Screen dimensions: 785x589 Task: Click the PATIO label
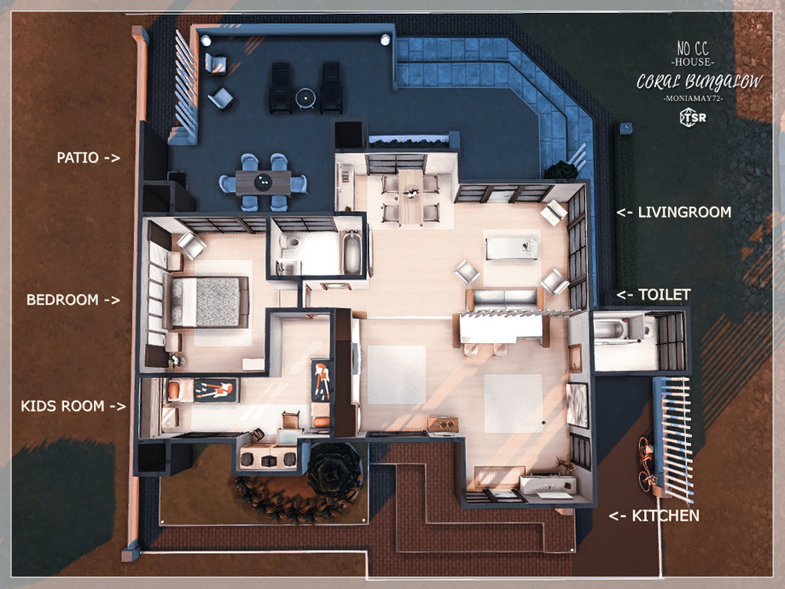(x=78, y=158)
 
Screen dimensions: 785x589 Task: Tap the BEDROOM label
(x=62, y=300)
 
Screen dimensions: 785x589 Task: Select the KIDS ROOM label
(x=62, y=405)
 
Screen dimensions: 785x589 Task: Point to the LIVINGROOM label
(x=684, y=212)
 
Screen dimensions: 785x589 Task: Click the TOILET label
(x=665, y=294)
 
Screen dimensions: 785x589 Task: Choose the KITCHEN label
(x=666, y=516)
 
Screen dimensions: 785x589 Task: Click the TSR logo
(x=693, y=118)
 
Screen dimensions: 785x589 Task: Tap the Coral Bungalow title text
(x=700, y=81)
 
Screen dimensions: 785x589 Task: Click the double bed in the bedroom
(x=206, y=301)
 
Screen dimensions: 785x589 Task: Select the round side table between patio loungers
(x=305, y=97)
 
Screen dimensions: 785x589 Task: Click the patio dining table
(x=263, y=183)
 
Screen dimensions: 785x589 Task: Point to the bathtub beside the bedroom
(x=352, y=252)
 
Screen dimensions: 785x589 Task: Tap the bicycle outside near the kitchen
(x=647, y=464)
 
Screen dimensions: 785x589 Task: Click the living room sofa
(x=504, y=299)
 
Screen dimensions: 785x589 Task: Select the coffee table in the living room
(x=512, y=248)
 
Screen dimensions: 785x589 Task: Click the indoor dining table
(x=411, y=197)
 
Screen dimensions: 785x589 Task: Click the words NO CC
(x=693, y=49)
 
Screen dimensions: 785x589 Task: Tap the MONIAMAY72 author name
(x=693, y=99)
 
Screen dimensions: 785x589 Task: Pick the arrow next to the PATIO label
(x=112, y=158)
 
